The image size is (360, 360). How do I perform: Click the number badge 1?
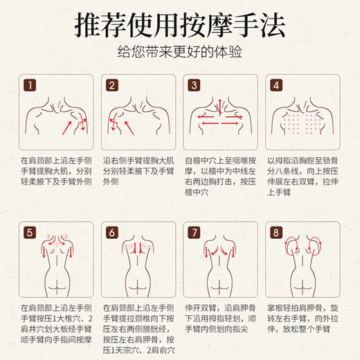[x=29, y=86]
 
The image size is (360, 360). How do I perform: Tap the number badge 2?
[x=111, y=86]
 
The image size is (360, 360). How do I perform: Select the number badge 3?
[x=193, y=86]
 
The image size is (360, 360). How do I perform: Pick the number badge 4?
[x=276, y=86]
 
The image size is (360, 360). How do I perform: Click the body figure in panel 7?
[x=220, y=267]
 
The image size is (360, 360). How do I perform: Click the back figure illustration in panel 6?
[x=138, y=267]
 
